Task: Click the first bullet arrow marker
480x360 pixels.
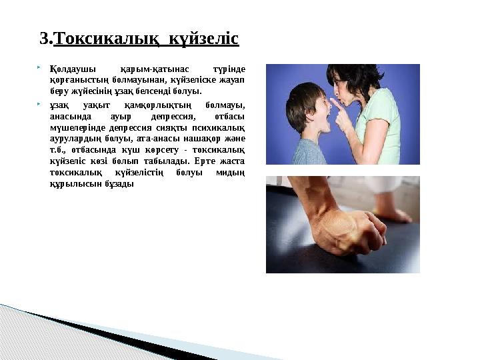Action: point(41,67)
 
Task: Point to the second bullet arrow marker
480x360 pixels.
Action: point(41,105)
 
